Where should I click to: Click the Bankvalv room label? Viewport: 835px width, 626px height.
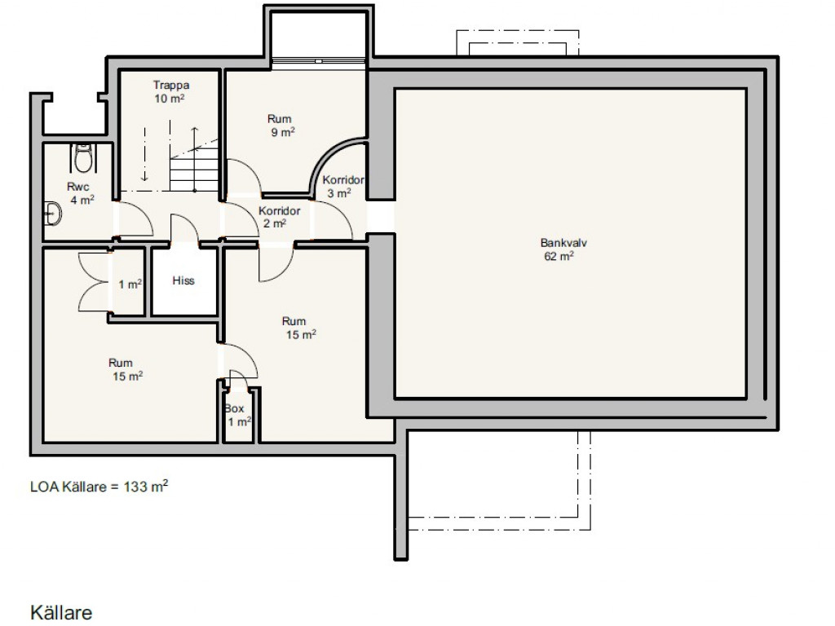(563, 243)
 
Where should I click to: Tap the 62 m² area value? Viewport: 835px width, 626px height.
(559, 256)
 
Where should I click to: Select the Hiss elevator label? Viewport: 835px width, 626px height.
(183, 280)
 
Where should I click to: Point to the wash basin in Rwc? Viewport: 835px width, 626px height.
(53, 214)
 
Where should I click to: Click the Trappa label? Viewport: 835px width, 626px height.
(171, 85)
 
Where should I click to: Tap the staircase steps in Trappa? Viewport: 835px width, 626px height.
(194, 170)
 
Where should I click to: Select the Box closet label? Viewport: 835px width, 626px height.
(234, 409)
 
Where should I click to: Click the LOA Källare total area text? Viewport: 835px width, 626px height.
(99, 486)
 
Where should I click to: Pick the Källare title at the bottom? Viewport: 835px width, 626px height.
(61, 612)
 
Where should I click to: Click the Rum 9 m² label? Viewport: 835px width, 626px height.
(281, 125)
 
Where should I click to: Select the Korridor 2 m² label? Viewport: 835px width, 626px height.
(279, 217)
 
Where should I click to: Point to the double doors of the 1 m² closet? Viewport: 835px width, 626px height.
(95, 282)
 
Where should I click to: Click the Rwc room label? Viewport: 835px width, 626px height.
(77, 187)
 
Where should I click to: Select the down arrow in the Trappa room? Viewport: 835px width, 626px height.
(144, 154)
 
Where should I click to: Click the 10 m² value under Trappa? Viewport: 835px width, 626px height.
(170, 99)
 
